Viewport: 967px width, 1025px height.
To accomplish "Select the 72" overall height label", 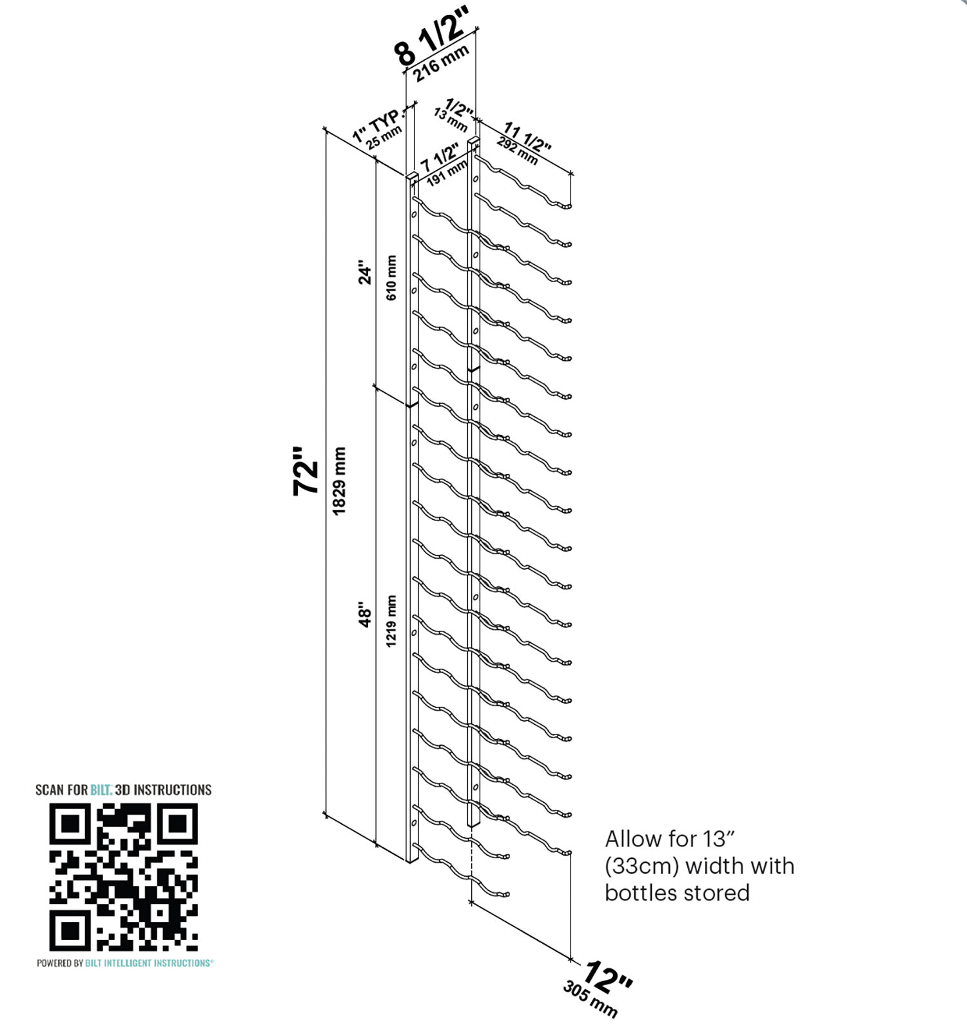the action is click(307, 470).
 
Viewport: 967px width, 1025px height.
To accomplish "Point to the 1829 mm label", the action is click(340, 481).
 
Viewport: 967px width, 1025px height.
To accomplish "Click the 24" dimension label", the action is click(365, 273).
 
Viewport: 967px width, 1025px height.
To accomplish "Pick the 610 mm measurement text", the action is click(391, 278).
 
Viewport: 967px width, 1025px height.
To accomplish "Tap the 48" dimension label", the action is click(365, 615).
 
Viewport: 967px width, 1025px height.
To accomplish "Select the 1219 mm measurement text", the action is click(391, 621).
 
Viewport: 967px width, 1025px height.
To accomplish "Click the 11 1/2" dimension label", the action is click(527, 137).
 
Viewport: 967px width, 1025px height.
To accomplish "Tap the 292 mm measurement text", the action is click(517, 150).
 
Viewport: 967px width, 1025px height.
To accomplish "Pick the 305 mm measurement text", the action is click(590, 999).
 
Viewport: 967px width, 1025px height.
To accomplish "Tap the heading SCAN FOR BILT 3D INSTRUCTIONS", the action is click(123, 789).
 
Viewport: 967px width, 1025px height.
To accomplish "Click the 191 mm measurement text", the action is click(447, 173).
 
